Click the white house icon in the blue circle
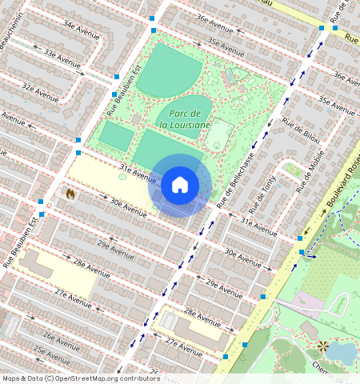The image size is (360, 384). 180,185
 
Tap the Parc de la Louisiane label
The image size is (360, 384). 184,119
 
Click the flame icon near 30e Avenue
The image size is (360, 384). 70,194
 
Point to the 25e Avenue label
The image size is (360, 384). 51,352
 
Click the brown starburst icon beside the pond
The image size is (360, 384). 322,346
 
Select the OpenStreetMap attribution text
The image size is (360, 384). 80,378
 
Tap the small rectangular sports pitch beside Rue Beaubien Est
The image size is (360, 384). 117,137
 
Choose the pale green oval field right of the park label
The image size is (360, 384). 218,134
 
